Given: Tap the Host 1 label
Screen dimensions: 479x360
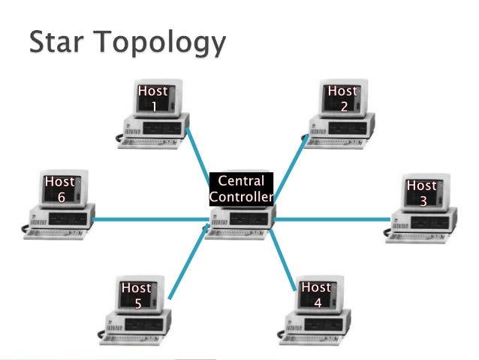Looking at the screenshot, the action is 153,98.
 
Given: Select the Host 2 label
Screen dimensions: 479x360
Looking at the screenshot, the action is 342,98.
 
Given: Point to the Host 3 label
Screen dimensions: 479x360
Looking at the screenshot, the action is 421,193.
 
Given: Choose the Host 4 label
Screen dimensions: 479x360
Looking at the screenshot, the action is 316,295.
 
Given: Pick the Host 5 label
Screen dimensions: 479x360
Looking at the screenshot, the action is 137,295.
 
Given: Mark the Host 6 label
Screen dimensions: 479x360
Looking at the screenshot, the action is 59,189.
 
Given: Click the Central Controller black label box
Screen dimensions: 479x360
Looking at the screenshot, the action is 240,189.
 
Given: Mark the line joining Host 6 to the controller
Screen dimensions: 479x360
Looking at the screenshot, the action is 150,220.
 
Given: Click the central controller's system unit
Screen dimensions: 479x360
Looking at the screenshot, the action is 240,219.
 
